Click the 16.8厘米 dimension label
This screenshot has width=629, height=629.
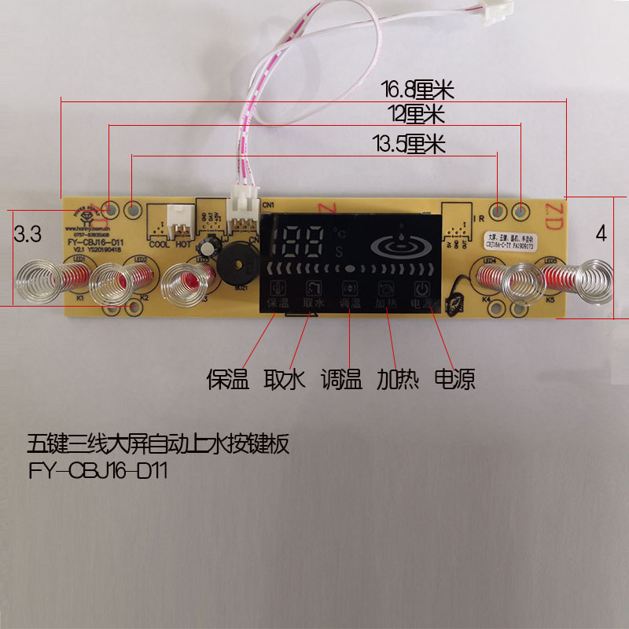[419, 89]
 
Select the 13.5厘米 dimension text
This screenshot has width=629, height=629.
[409, 144]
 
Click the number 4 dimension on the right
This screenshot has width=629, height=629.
[601, 234]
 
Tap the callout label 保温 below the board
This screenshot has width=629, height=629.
[228, 381]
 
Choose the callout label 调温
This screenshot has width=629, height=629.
[341, 381]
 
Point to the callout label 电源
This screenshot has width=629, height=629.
[454, 381]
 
